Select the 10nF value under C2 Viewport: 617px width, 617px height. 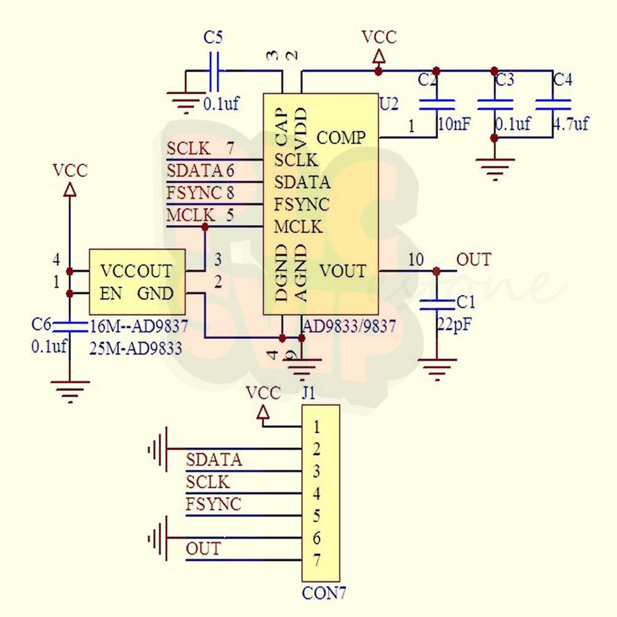[x=454, y=123]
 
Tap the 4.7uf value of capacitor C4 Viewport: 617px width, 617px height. [x=570, y=123]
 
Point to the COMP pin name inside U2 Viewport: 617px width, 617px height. [x=341, y=137]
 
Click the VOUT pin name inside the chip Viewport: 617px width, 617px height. [x=342, y=271]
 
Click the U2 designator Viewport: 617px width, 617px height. [x=389, y=104]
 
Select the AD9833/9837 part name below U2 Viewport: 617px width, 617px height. [x=349, y=326]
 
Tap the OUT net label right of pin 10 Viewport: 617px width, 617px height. [x=474, y=260]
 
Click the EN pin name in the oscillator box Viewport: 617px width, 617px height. [x=111, y=294]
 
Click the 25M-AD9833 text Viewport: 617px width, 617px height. [x=136, y=348]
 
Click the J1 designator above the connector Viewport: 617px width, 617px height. [x=309, y=394]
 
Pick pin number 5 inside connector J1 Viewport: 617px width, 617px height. [x=317, y=515]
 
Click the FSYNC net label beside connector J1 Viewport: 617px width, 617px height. [x=213, y=504]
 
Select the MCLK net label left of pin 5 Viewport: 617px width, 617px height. [x=191, y=215]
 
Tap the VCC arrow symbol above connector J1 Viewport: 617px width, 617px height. [x=263, y=412]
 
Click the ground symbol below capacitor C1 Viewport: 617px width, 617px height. [x=437, y=369]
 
